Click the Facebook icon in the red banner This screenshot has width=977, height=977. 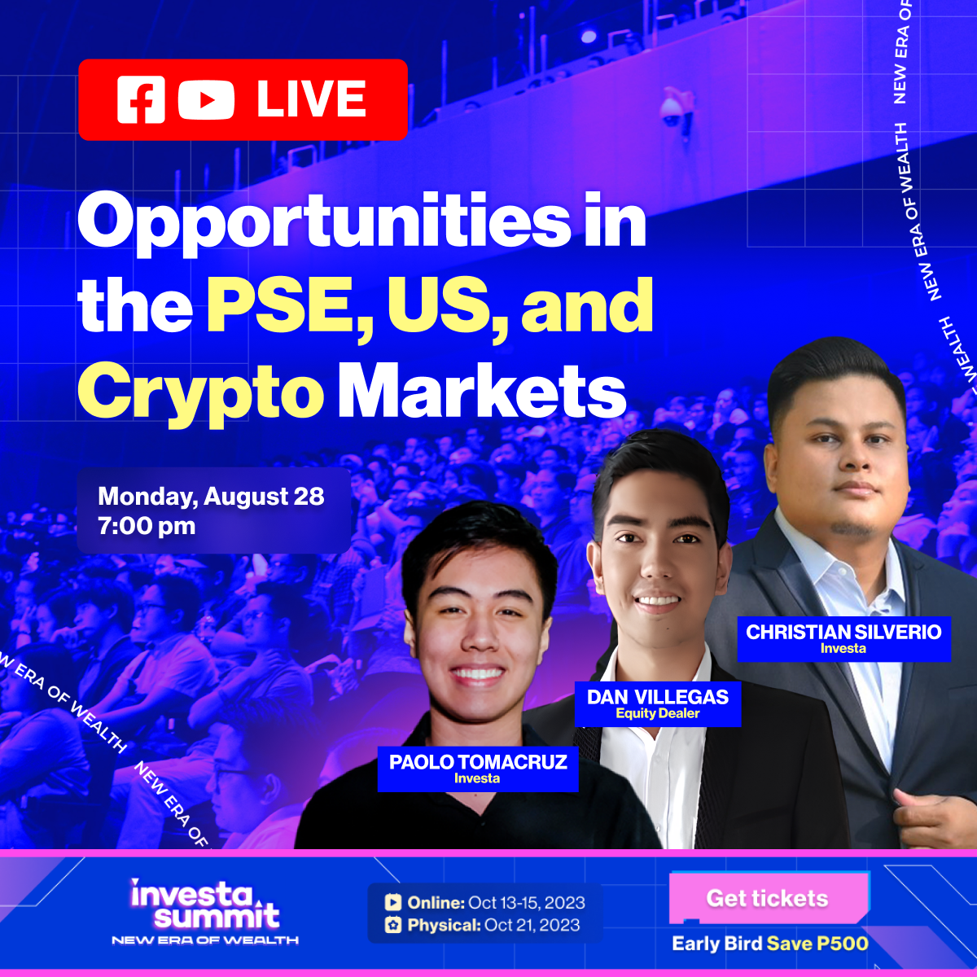(x=141, y=99)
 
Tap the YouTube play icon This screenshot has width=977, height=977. (x=206, y=100)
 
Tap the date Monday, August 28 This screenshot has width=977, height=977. (x=211, y=497)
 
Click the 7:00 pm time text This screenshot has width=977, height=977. (x=147, y=526)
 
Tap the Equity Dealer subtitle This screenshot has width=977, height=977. (x=658, y=713)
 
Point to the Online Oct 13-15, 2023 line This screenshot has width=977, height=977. (x=485, y=902)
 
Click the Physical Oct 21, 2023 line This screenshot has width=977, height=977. (x=482, y=925)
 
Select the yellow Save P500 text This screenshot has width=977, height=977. (x=817, y=944)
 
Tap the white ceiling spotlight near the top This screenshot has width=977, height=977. (x=589, y=36)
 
